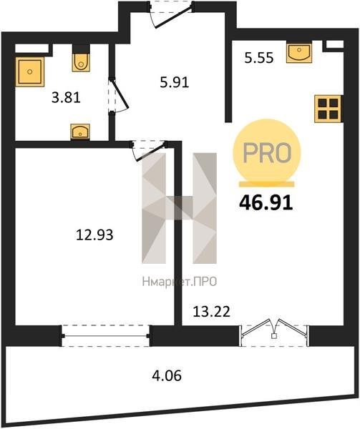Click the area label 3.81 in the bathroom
click(66, 98)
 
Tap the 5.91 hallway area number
click(175, 82)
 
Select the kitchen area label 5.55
click(259, 58)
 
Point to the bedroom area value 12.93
click(94, 235)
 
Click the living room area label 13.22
click(211, 311)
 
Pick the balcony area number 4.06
click(167, 376)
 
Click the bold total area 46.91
click(266, 203)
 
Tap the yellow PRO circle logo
click(267, 153)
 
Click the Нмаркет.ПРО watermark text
click(180, 282)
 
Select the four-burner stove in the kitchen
click(328, 109)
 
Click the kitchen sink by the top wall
click(299, 52)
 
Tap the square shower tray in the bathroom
click(30, 71)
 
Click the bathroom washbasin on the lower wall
click(80, 132)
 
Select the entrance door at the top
click(172, 14)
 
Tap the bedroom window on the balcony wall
click(106, 336)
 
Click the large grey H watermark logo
click(180, 208)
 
